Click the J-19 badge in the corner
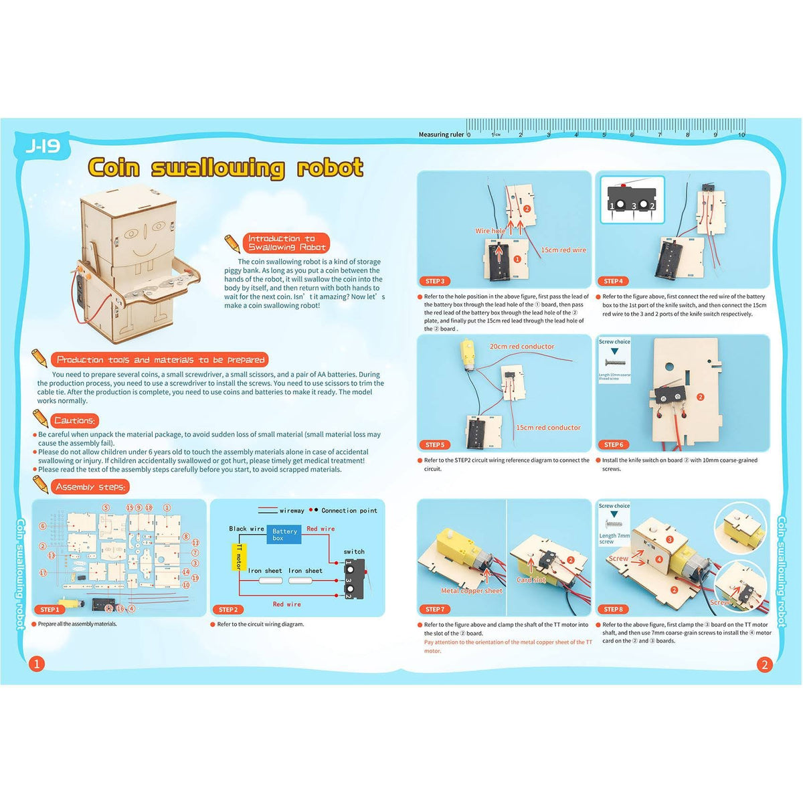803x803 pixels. click(42, 147)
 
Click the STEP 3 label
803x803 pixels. click(435, 281)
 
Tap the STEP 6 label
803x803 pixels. click(613, 444)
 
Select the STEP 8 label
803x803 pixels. click(612, 609)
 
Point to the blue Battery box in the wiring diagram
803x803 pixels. click(284, 534)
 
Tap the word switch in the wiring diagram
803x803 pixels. click(354, 551)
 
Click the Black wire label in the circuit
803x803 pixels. click(247, 529)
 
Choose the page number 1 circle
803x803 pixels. click(37, 664)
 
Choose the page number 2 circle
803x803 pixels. click(764, 664)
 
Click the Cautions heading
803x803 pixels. click(74, 421)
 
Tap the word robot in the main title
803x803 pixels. click(330, 167)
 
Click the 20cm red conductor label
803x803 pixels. click(522, 347)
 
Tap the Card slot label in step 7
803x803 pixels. click(531, 580)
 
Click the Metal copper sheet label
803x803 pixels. click(472, 591)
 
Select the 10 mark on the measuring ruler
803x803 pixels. click(741, 135)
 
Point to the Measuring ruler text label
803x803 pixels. click(441, 135)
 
